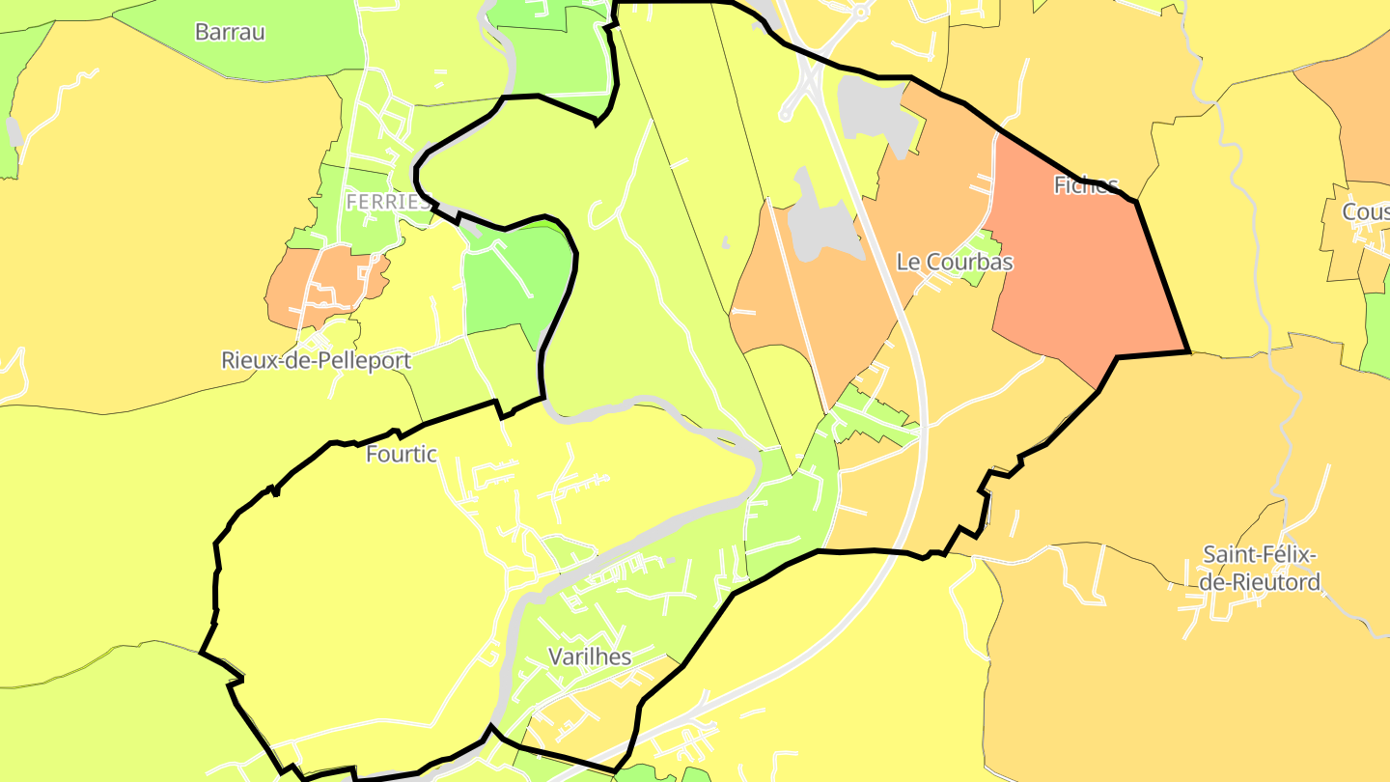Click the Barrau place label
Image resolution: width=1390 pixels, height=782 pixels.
click(x=230, y=32)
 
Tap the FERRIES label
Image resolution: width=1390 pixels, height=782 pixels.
click(x=387, y=202)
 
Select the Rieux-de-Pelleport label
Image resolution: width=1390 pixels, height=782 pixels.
click(x=317, y=361)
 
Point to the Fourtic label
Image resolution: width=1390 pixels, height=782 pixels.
click(x=402, y=454)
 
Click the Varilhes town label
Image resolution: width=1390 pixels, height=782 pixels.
click(x=589, y=657)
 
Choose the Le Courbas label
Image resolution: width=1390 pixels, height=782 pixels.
click(x=955, y=262)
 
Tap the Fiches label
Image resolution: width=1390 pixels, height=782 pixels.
click(x=1086, y=185)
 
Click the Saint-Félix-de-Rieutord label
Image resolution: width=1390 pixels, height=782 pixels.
click(x=1261, y=569)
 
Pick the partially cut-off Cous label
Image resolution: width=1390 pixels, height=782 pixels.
click(x=1365, y=211)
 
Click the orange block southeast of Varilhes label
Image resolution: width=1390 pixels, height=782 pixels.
click(x=598, y=705)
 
